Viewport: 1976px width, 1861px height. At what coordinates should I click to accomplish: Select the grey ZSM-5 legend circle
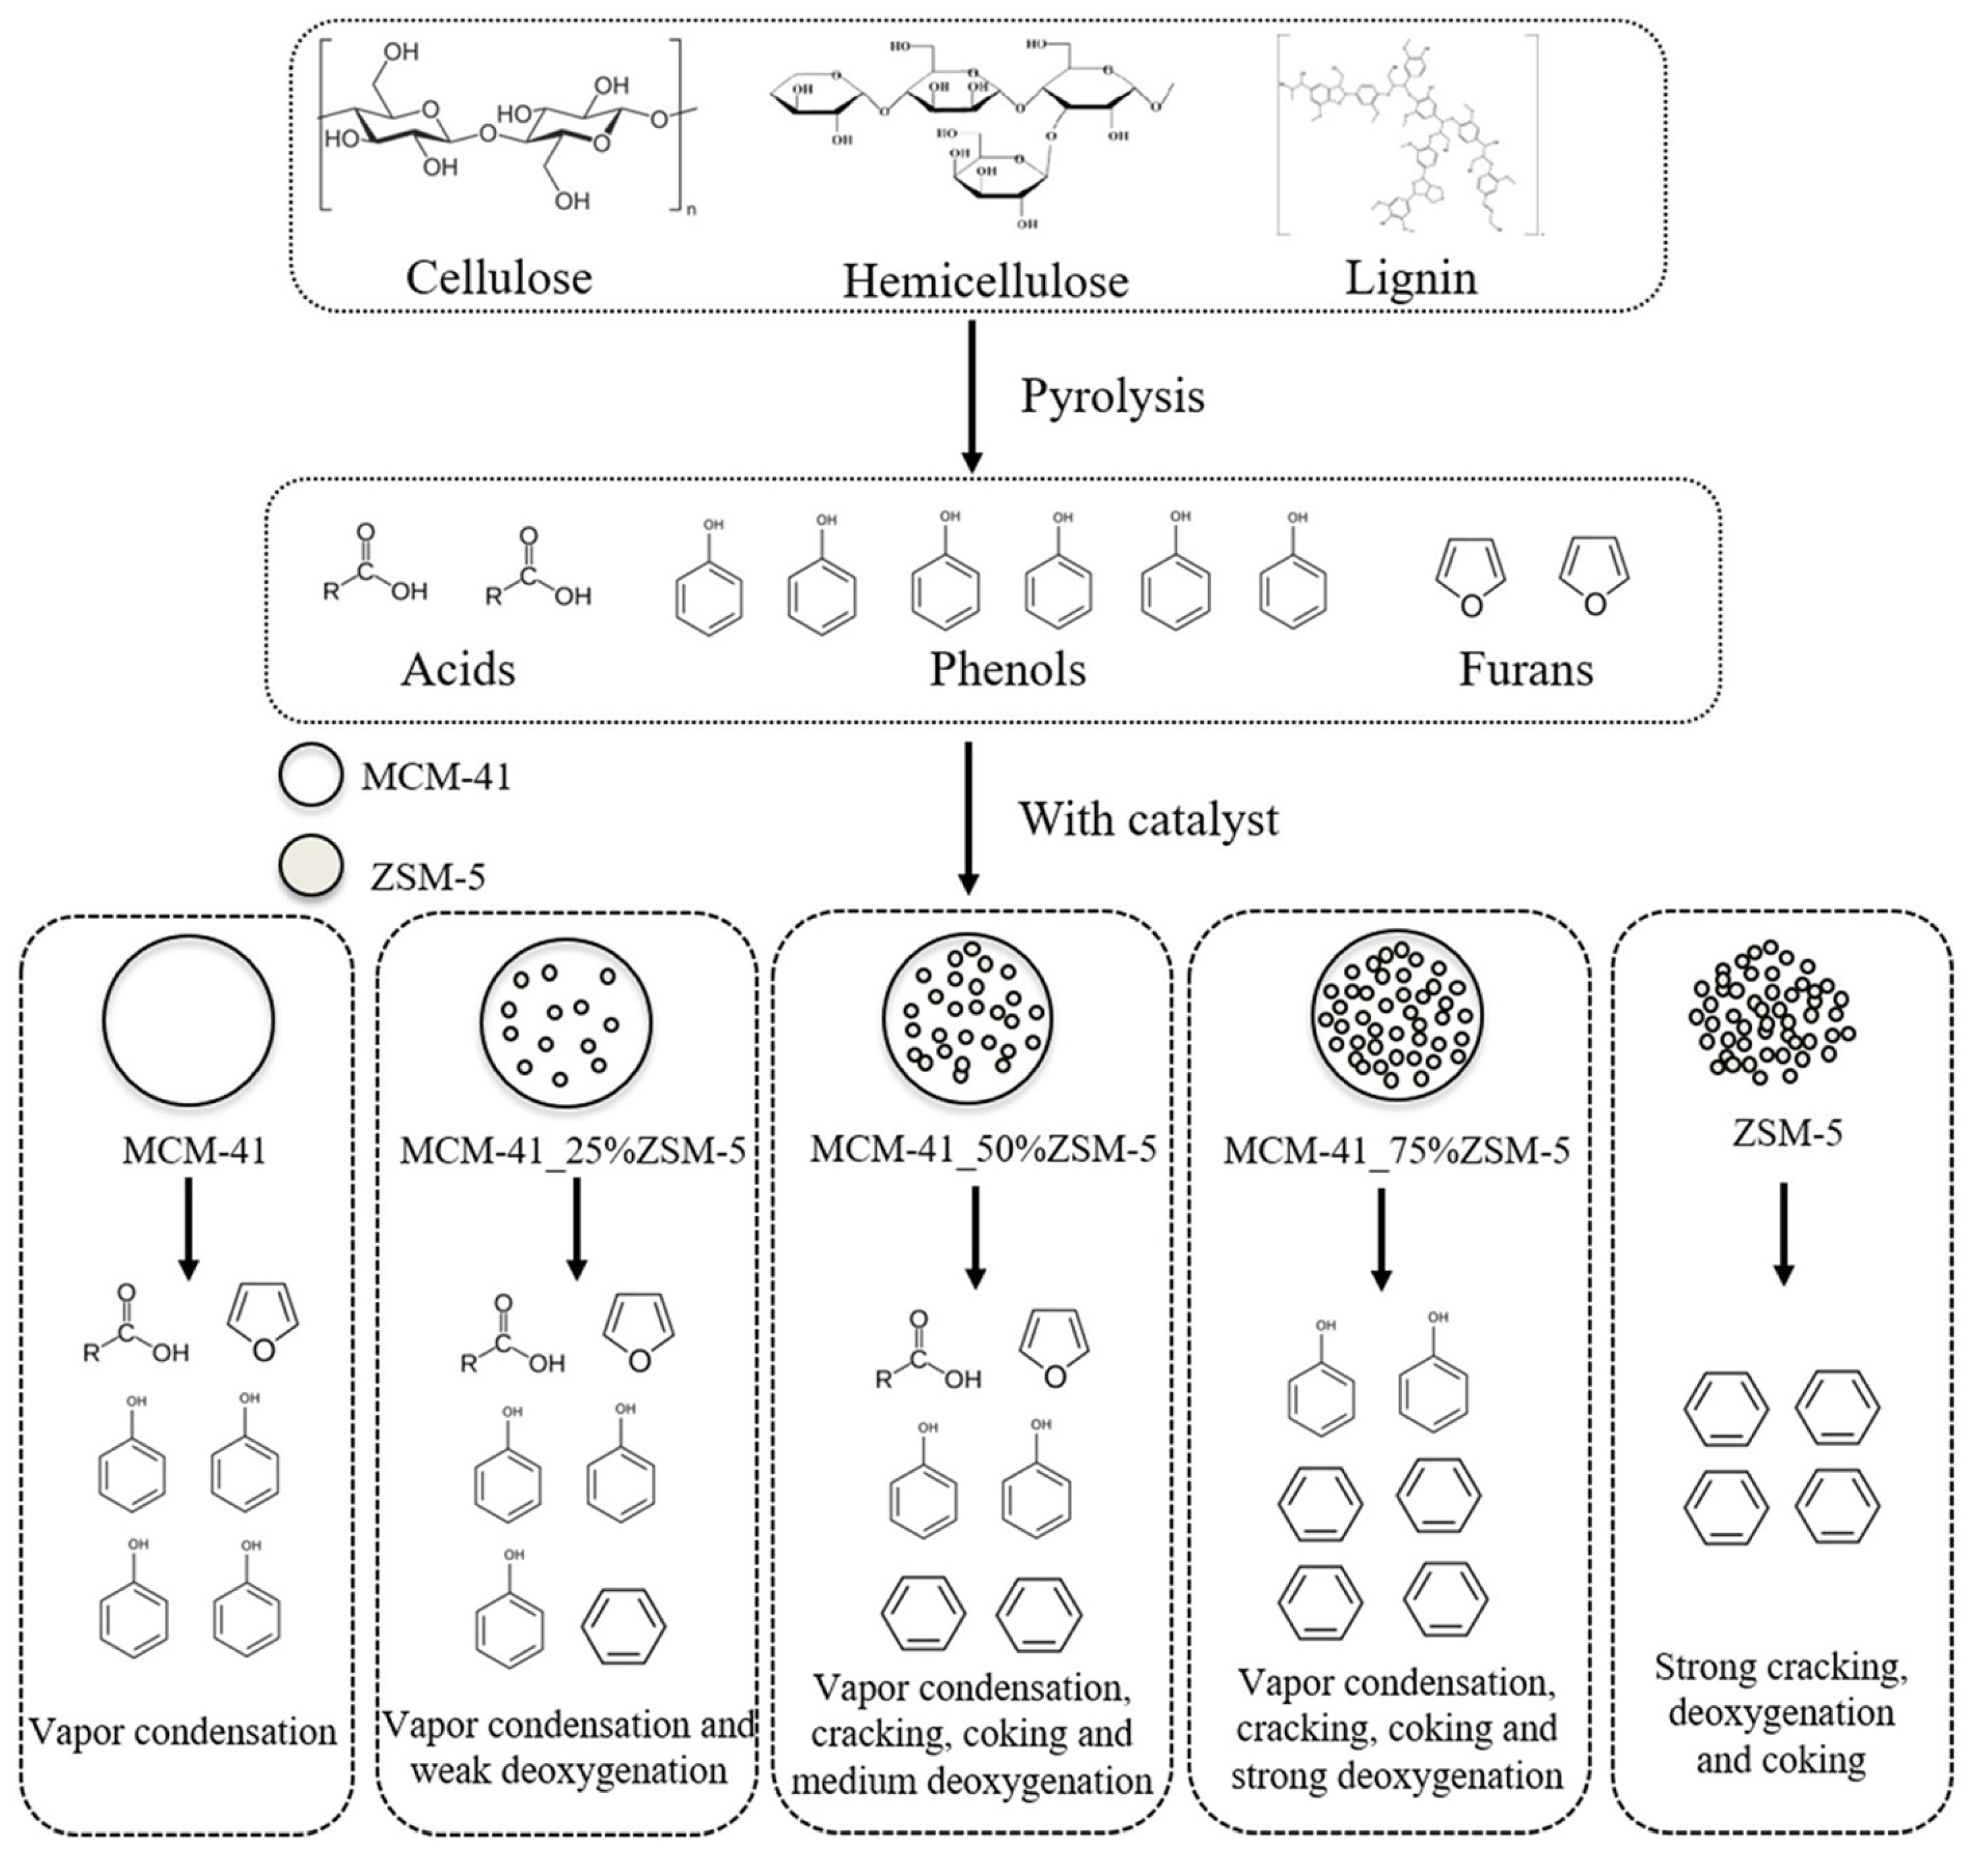[311, 866]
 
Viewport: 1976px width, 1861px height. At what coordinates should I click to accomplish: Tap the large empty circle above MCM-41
[189, 1021]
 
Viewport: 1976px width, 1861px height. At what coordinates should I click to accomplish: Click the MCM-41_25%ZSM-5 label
[573, 1151]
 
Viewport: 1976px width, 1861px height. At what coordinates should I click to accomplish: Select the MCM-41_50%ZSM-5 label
[983, 1149]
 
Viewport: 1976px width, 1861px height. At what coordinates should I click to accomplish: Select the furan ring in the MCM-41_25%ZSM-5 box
[640, 1332]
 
